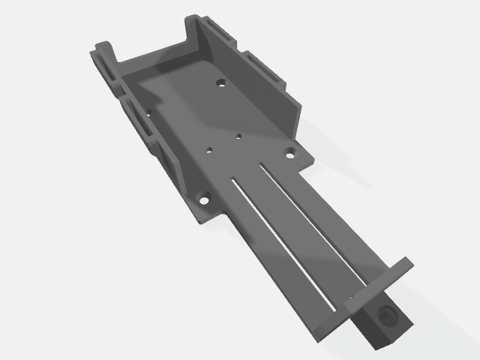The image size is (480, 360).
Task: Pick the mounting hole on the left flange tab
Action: click(202, 199)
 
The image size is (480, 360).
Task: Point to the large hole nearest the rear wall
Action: click(221, 82)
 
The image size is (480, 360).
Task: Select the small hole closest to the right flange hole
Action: click(238, 136)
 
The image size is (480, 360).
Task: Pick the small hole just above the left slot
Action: click(211, 149)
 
